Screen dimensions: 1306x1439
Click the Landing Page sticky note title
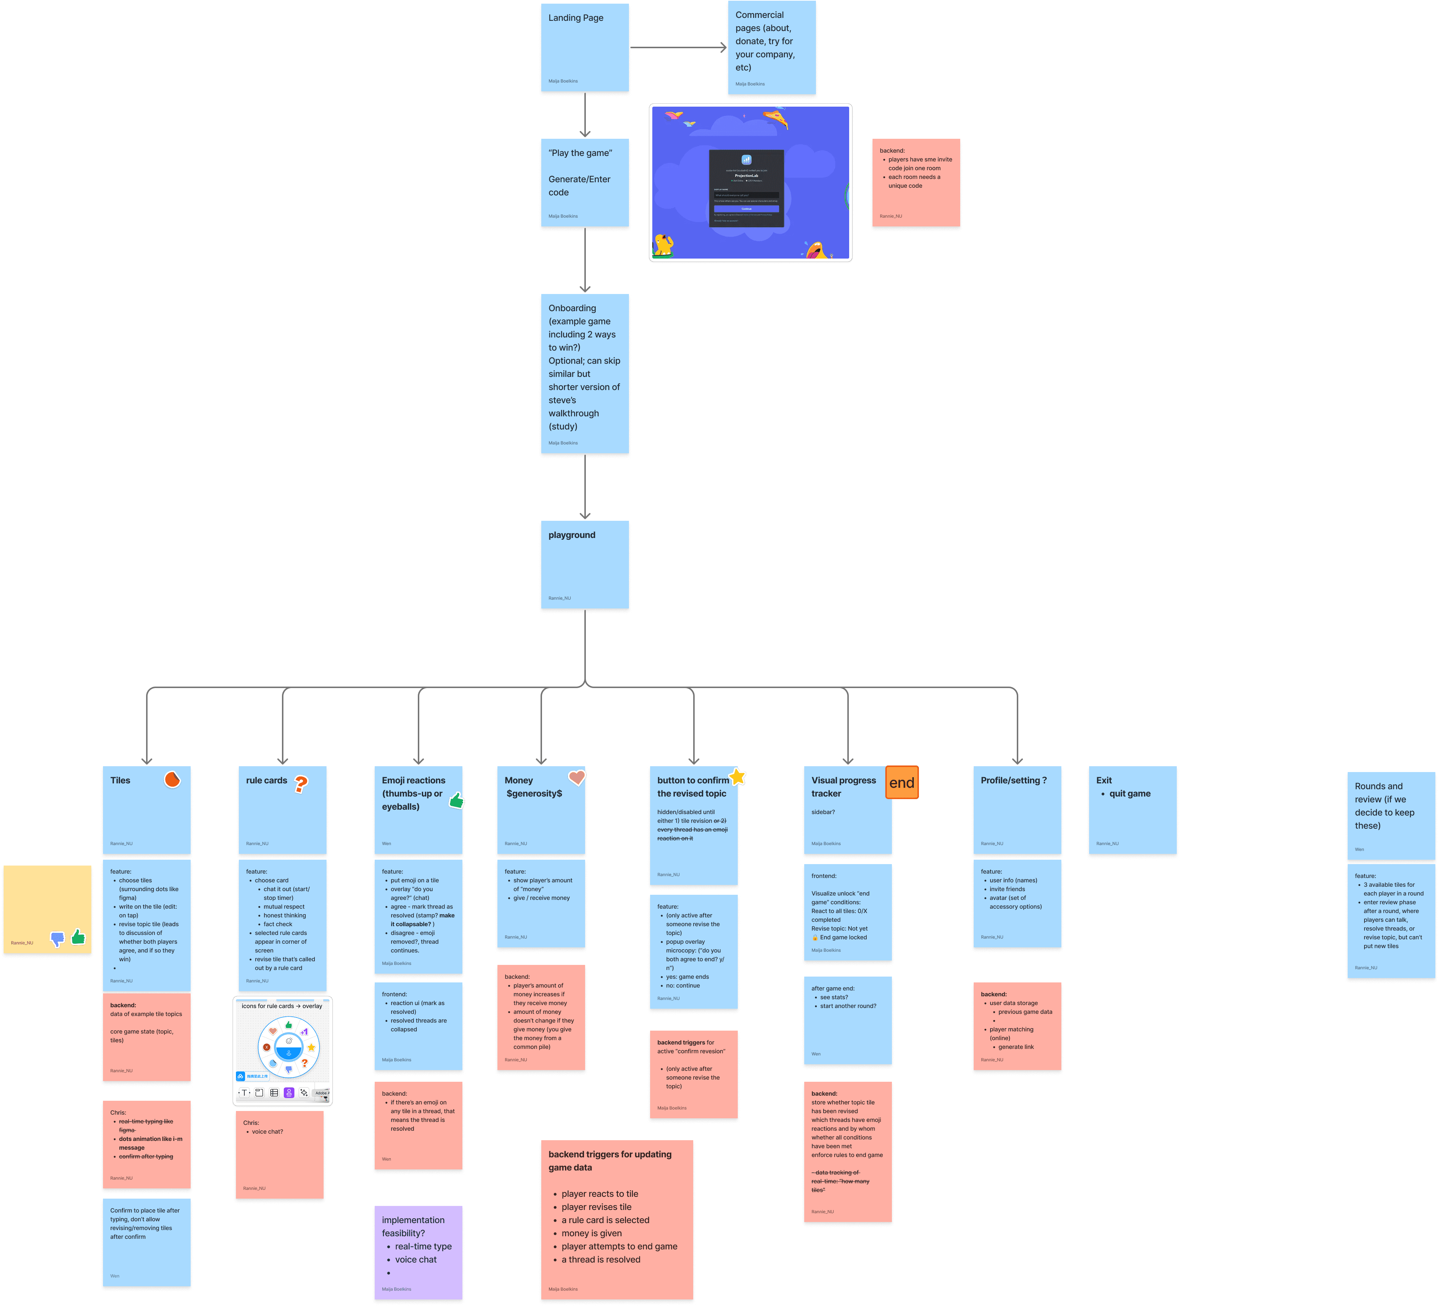pos(575,18)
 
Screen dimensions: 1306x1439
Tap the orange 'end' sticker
pos(901,783)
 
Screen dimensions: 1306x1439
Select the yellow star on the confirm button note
pos(737,776)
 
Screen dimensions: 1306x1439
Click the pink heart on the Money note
pos(577,777)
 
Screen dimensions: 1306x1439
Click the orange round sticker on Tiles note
pos(172,779)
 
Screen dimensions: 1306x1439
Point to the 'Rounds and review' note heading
pos(1384,806)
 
